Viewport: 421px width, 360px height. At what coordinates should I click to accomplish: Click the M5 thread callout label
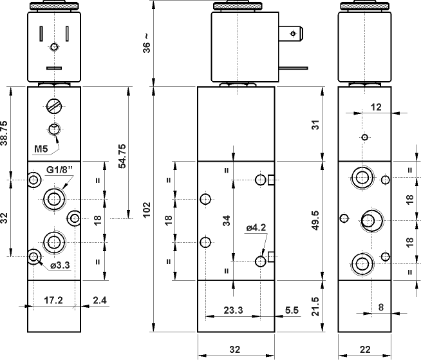tap(42, 150)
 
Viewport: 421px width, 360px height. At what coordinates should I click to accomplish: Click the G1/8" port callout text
tap(61, 170)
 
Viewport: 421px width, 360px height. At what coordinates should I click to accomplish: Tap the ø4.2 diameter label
tap(256, 227)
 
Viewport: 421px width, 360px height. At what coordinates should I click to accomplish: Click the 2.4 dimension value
tap(100, 300)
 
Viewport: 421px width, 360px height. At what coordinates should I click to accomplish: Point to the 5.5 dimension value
tap(291, 310)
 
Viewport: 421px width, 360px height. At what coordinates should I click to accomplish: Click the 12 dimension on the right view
tap(377, 107)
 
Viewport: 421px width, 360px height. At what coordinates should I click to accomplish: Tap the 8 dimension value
tap(381, 308)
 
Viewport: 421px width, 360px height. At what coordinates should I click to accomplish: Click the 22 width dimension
tap(364, 350)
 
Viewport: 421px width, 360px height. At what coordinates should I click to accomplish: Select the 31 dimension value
tap(315, 124)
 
